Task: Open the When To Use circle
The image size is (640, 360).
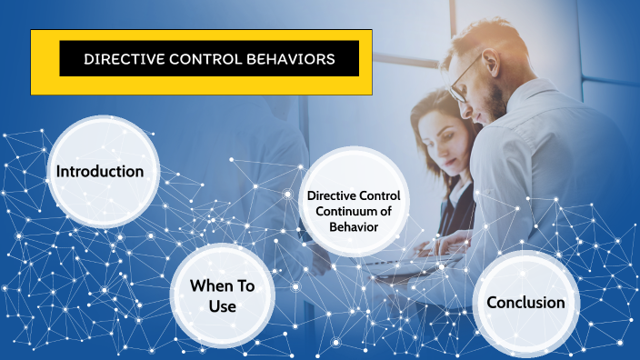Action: tap(222, 296)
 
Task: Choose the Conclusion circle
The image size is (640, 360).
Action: tap(526, 303)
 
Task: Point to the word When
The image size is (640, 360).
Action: tap(209, 286)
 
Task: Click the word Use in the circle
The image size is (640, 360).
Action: tap(222, 307)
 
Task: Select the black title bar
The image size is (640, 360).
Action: tap(209, 59)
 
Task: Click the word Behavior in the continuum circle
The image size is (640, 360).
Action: tap(354, 225)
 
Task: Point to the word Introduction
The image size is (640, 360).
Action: tap(99, 171)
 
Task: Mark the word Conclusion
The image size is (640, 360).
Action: tap(526, 303)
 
